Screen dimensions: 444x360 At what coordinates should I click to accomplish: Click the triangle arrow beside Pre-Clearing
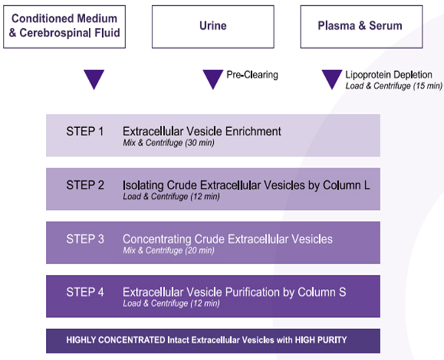tap(213, 79)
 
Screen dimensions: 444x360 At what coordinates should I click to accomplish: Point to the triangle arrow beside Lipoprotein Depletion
tap(332, 79)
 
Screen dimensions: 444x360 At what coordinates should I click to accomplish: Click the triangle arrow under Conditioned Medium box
tap(94, 79)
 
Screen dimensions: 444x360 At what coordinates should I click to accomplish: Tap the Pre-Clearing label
tap(252, 75)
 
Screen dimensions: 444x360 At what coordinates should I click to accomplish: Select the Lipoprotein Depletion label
tap(388, 75)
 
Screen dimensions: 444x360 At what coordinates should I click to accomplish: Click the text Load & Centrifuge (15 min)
tap(394, 86)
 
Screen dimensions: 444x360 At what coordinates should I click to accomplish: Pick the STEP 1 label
tap(85, 132)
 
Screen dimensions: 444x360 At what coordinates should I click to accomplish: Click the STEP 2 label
tap(85, 186)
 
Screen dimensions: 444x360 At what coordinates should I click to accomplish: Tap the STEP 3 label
tap(85, 239)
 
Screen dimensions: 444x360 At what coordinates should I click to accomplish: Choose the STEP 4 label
tap(85, 292)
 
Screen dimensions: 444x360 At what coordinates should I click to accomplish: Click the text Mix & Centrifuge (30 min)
tap(169, 143)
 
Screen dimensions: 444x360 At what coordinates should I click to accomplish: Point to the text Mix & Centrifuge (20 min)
tap(169, 251)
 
